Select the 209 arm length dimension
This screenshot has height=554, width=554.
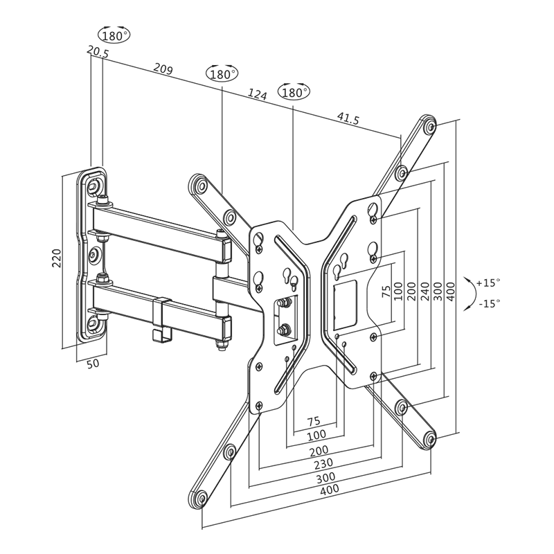click(163, 69)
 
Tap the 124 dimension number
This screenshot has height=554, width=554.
click(257, 95)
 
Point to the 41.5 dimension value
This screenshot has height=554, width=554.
click(348, 119)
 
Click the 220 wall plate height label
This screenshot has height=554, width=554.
click(59, 258)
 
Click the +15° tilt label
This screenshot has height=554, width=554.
click(488, 283)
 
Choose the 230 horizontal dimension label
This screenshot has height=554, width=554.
click(323, 463)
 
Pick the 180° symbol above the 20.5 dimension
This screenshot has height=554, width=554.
click(115, 35)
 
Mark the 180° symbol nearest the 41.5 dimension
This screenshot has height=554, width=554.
click(294, 92)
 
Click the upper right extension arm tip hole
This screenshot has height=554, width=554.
click(430, 127)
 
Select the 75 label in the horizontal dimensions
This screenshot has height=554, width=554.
click(313, 420)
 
